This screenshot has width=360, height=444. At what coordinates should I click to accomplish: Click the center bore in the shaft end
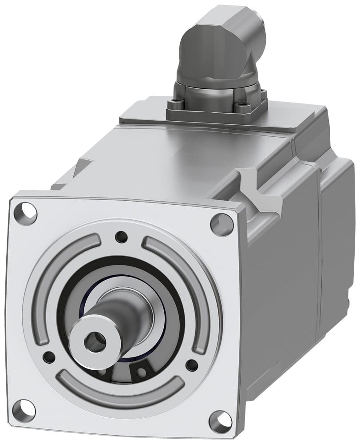[97, 341]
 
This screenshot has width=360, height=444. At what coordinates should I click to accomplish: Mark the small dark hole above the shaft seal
[121, 237]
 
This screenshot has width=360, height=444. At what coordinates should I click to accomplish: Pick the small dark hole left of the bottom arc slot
[48, 357]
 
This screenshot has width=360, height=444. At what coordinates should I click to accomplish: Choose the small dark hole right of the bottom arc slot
[191, 365]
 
